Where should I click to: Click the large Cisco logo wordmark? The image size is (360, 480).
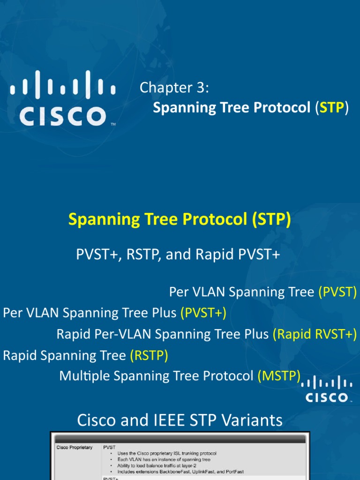(x=62, y=116)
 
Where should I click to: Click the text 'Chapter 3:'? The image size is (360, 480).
(x=174, y=87)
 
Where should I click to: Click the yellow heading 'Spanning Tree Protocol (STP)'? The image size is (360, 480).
(x=180, y=219)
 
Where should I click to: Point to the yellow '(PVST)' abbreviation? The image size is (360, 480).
(x=337, y=292)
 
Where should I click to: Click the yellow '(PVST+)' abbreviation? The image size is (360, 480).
(x=203, y=313)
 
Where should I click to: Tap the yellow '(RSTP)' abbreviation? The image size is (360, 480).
(x=149, y=355)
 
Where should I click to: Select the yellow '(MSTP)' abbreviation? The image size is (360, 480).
(x=279, y=376)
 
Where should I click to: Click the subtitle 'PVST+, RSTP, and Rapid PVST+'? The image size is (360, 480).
(x=178, y=254)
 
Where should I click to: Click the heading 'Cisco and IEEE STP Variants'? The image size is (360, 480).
(x=180, y=420)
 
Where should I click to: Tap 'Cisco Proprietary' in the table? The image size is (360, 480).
(x=74, y=447)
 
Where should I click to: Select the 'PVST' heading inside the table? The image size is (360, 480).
(x=109, y=447)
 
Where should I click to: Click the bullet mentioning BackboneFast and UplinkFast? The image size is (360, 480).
(x=180, y=472)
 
